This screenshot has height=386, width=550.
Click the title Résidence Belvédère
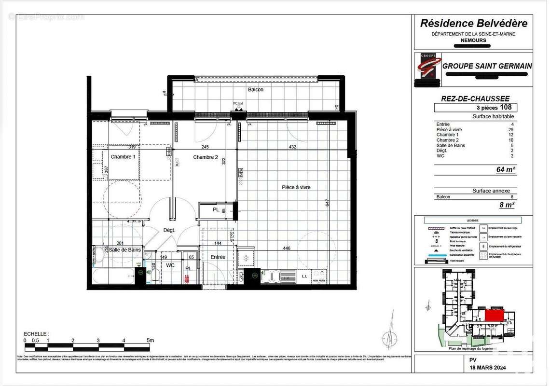(474, 23)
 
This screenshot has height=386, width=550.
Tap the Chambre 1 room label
(123, 157)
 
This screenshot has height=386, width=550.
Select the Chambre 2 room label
(206, 157)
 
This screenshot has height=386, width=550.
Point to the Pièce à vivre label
(296, 187)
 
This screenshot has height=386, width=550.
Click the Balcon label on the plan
(256, 90)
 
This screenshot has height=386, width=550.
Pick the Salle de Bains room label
(124, 249)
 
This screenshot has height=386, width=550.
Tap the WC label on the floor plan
(170, 265)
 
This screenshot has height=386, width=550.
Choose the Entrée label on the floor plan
(218, 257)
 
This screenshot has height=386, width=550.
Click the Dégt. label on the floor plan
(169, 231)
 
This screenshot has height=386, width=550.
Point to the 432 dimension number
(292, 147)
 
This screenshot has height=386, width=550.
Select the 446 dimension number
(287, 248)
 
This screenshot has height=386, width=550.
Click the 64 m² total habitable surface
(506, 169)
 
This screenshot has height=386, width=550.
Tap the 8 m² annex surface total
(507, 205)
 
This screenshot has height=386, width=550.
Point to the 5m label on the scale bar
(150, 340)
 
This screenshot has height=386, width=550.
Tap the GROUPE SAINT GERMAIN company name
(487, 66)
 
